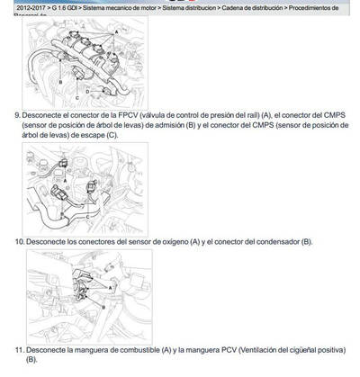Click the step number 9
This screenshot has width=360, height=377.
[x=17, y=116]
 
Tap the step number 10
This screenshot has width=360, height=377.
[x=19, y=242]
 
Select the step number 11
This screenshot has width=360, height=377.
[x=19, y=349]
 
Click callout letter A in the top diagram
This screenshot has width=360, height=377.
[x=115, y=31]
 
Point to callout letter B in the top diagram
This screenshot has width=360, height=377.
[x=59, y=83]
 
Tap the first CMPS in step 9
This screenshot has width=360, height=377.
[x=318, y=116]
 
